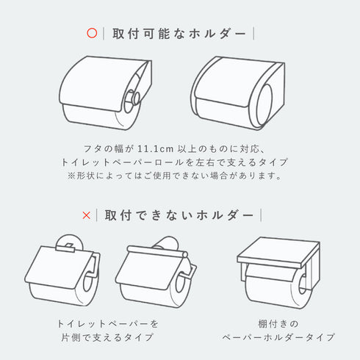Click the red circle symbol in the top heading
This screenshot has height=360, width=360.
tap(92, 33)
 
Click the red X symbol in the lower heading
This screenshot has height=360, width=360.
tap(87, 215)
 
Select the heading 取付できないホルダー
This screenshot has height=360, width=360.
tap(179, 215)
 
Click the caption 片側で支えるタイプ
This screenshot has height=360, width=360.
tap(107, 337)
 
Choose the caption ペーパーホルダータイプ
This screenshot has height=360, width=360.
tap(278, 337)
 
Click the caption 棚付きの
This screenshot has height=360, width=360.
tap(278, 323)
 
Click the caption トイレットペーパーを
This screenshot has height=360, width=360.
tap(107, 323)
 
